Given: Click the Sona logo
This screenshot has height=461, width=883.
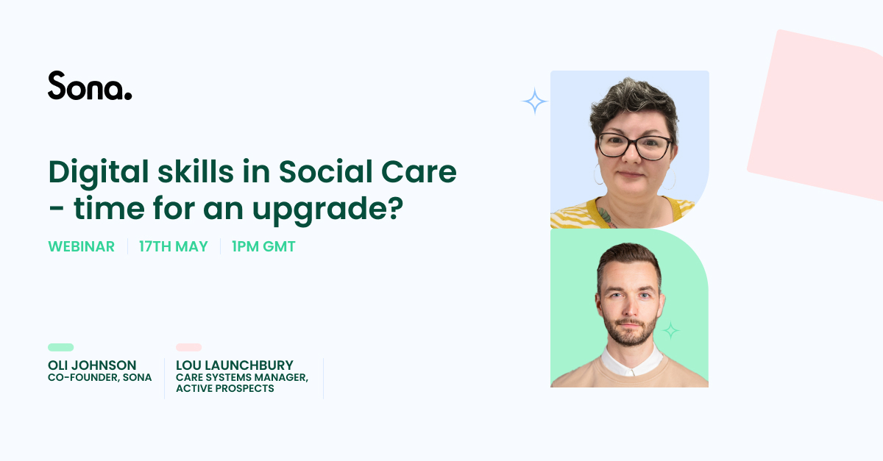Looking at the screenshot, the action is [90, 85].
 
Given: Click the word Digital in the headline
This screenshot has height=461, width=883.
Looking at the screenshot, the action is [99, 173].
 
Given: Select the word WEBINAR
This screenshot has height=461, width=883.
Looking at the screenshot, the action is [81, 246].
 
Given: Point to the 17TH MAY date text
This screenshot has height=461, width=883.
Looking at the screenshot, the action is [174, 246].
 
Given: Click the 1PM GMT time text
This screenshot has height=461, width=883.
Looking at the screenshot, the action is [263, 246].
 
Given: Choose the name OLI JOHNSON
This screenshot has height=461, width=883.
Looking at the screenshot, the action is [92, 365].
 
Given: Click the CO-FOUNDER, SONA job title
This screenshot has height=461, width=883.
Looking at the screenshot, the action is [100, 377].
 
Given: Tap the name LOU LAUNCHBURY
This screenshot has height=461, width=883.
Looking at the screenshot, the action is [235, 365].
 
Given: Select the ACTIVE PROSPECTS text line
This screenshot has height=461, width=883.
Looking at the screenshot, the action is [225, 388].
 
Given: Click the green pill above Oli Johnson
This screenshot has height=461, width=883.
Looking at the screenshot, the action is [60, 347].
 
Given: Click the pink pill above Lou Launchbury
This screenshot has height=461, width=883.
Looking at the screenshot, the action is [189, 347].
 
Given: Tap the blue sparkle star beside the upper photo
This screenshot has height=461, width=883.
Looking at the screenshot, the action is [534, 101].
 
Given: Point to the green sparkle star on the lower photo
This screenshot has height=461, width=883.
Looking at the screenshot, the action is [670, 331].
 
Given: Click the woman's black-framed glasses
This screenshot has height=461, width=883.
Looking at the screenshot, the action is [634, 146].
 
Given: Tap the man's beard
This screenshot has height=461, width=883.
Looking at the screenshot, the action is [630, 331].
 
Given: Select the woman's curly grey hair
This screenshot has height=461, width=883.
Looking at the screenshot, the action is [633, 104].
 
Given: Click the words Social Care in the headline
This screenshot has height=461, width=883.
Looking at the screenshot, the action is [367, 172].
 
